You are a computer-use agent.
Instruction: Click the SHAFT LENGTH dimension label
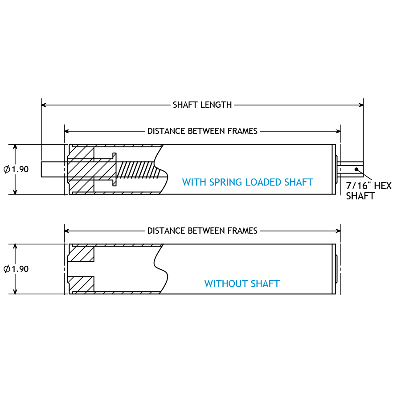coord(202,105)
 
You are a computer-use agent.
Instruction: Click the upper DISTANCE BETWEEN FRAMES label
coord(202,131)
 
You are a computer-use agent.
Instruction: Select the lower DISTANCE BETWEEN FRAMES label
coord(202,231)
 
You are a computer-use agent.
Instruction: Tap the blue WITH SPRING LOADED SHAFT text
coord(247,182)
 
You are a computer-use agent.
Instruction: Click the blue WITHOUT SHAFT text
coord(242,284)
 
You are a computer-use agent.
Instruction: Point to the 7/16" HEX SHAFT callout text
coord(368,191)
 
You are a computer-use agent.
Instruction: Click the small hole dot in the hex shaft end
coord(356,169)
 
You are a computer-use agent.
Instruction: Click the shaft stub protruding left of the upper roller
coord(53,169)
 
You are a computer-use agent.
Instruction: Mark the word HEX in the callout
coord(382,186)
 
